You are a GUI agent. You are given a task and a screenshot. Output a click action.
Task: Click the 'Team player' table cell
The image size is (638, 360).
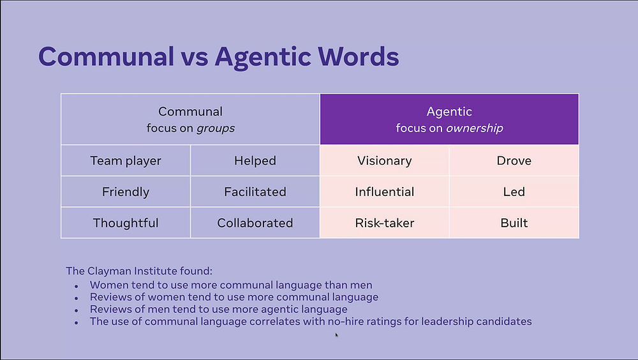pyautogui.click(x=126, y=160)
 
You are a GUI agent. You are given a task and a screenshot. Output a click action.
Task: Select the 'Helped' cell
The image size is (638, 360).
pyautogui.click(x=255, y=160)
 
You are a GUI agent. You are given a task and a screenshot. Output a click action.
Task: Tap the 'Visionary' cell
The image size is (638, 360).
pyautogui.click(x=385, y=160)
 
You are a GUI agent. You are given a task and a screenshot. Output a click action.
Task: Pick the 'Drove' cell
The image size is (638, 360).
pyautogui.click(x=514, y=160)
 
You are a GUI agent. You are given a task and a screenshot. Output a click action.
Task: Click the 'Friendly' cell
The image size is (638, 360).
pyautogui.click(x=126, y=191)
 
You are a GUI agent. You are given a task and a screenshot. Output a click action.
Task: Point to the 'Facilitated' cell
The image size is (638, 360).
pyautogui.click(x=255, y=191)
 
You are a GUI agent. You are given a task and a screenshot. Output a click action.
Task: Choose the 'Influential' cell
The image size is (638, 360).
pyautogui.click(x=385, y=191)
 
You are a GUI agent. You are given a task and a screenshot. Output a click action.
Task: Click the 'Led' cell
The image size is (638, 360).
pyautogui.click(x=514, y=191)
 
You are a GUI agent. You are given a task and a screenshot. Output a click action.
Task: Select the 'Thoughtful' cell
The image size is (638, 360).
pyautogui.click(x=126, y=223)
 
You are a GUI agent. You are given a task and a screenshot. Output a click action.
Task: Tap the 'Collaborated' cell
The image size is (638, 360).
pyautogui.click(x=255, y=223)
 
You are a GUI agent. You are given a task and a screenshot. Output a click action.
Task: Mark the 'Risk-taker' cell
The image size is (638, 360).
pyautogui.click(x=385, y=223)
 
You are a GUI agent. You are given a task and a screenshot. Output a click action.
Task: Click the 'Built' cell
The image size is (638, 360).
pyautogui.click(x=514, y=223)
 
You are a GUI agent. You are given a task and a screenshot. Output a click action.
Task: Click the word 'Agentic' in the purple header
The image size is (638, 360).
pyautogui.click(x=449, y=112)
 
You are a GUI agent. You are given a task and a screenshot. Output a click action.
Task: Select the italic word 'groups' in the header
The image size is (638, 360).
pyautogui.click(x=216, y=129)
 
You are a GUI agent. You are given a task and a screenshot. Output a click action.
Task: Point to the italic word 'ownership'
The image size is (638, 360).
pyautogui.click(x=475, y=128)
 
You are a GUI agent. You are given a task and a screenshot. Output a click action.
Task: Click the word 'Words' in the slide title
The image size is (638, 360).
pyautogui.click(x=359, y=56)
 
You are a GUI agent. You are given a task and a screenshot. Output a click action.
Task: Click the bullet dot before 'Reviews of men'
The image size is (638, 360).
pyautogui.click(x=76, y=310)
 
